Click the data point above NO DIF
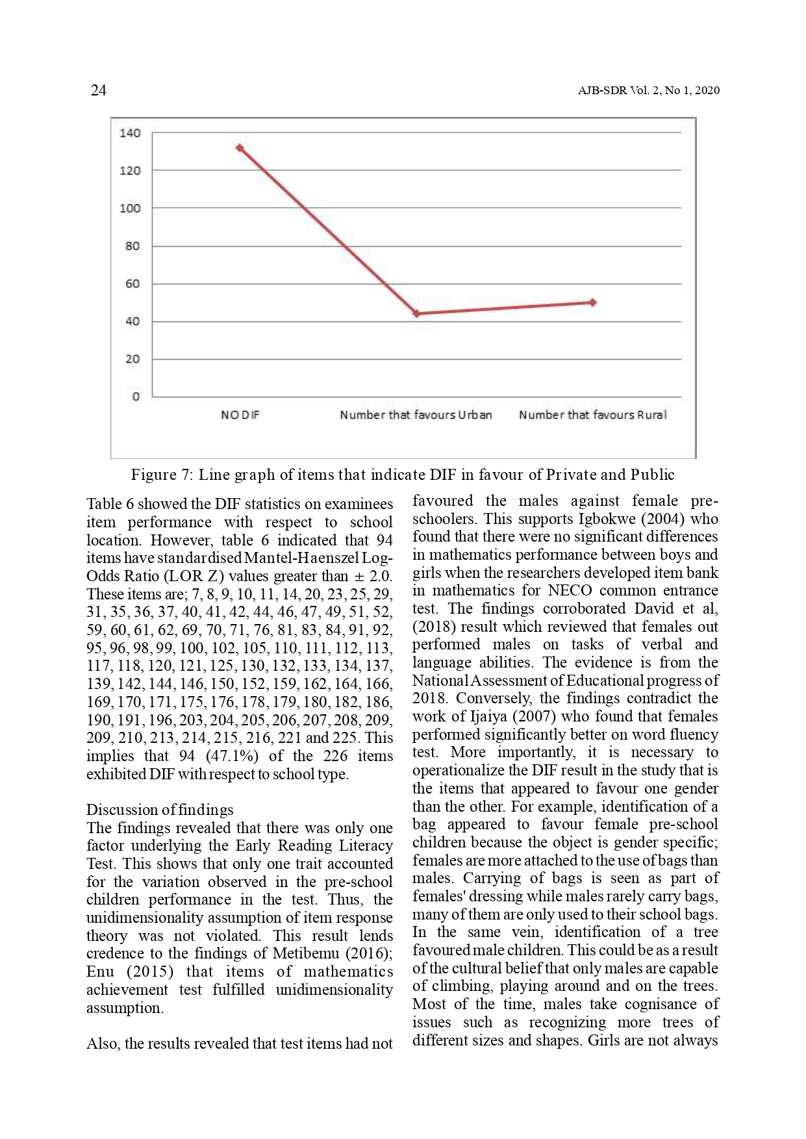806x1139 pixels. [240, 148]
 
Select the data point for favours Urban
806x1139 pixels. [416, 314]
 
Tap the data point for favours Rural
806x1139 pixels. [593, 302]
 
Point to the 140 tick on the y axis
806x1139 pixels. [130, 133]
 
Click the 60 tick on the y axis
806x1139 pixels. [132, 284]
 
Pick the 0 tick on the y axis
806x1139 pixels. [135, 397]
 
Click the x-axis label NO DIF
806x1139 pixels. [240, 415]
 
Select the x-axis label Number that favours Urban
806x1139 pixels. [416, 415]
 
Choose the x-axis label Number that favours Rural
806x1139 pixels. [592, 415]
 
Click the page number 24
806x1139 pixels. [98, 90]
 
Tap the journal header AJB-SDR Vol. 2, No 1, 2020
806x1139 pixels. [648, 91]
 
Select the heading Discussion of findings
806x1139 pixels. [160, 810]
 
